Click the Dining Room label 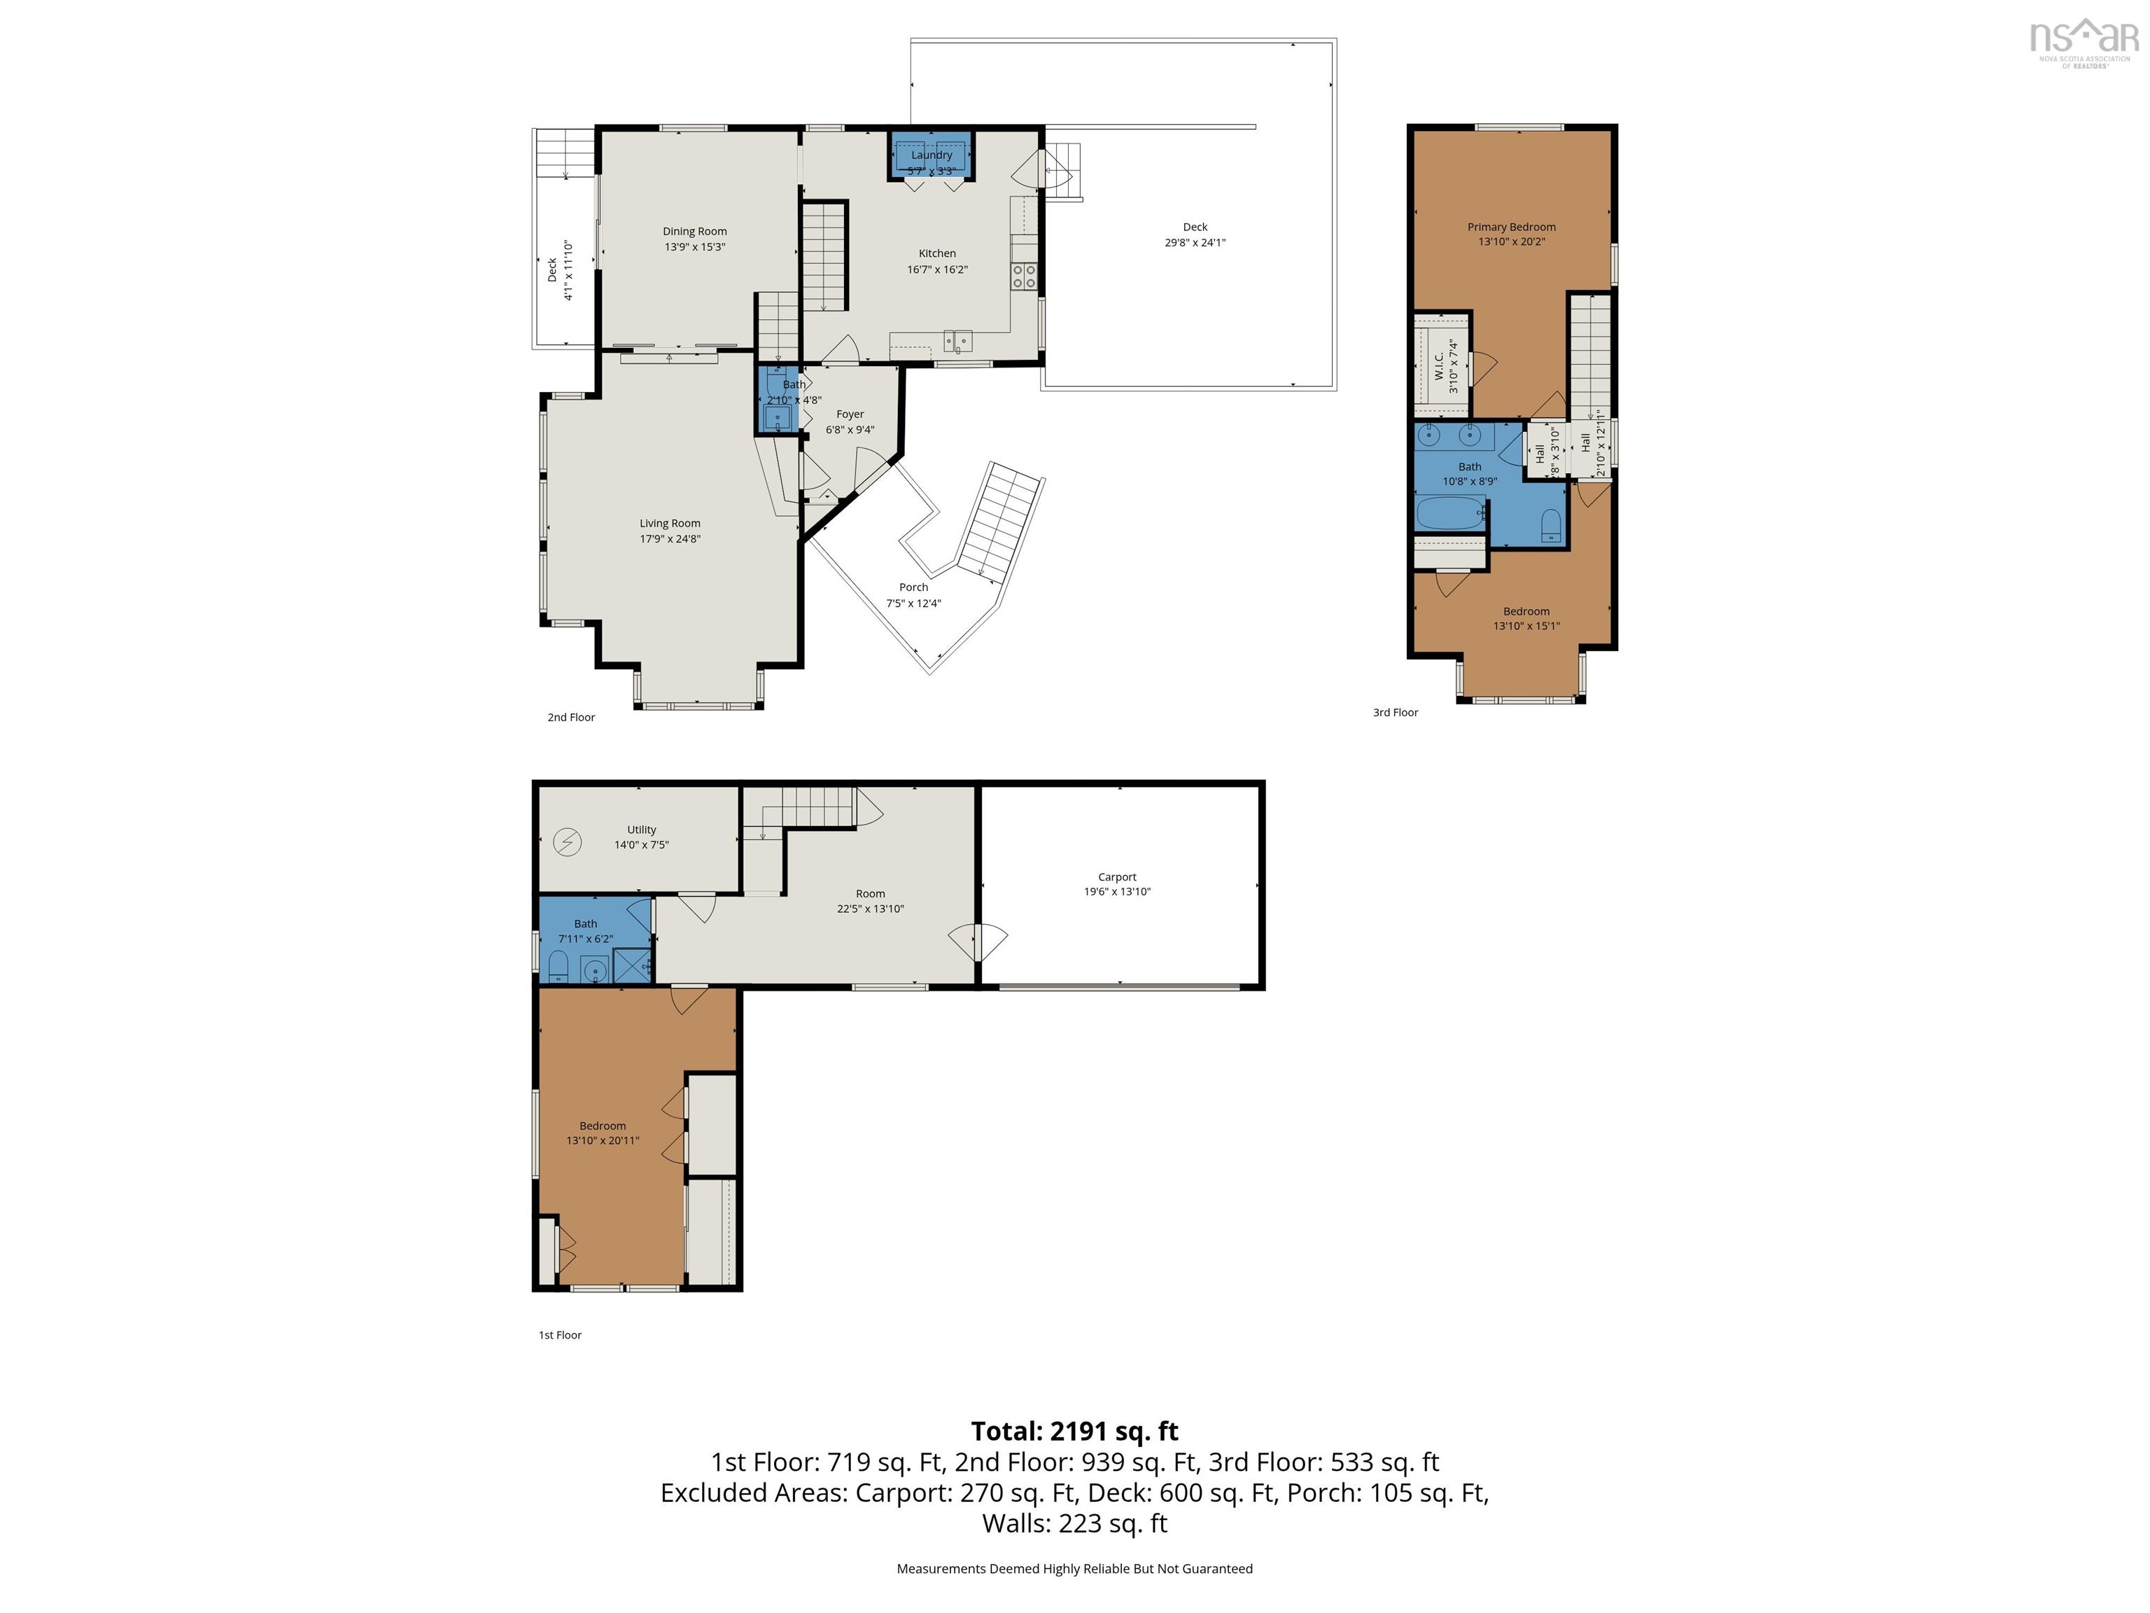pos(695,232)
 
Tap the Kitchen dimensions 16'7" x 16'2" pos(937,270)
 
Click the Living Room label pos(670,523)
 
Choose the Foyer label pos(850,414)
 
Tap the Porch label pos(913,587)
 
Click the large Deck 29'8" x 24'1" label pos(1195,235)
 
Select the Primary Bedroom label pos(1512,227)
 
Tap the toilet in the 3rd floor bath pos(1552,525)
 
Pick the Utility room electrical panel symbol pos(568,841)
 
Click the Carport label pos(1117,877)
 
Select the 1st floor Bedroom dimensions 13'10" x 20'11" pos(603,1140)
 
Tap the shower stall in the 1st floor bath pos(633,966)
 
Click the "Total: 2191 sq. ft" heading pos(1075,1431)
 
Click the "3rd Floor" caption pos(1395,713)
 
